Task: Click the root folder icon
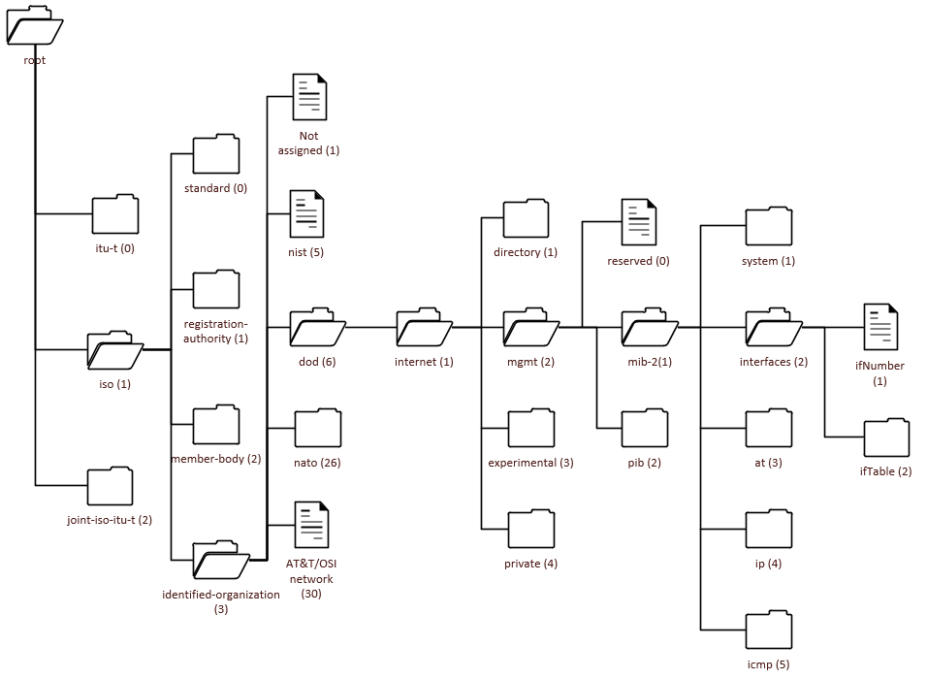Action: [35, 25]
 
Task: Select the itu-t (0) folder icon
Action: [115, 214]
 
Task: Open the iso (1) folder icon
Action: [115, 350]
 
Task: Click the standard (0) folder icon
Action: [215, 155]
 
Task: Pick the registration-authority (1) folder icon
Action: [215, 290]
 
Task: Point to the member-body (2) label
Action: [216, 458]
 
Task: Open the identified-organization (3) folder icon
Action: [221, 560]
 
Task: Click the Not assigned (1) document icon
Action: [310, 97]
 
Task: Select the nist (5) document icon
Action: [307, 214]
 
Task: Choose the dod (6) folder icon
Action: [317, 329]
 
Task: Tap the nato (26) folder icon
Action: [318, 428]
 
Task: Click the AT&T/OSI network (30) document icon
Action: [311, 526]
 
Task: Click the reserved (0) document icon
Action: [639, 223]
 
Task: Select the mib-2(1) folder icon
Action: [650, 329]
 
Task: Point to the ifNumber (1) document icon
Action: [880, 329]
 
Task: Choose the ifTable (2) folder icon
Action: [886, 438]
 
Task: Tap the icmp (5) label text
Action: [769, 664]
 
